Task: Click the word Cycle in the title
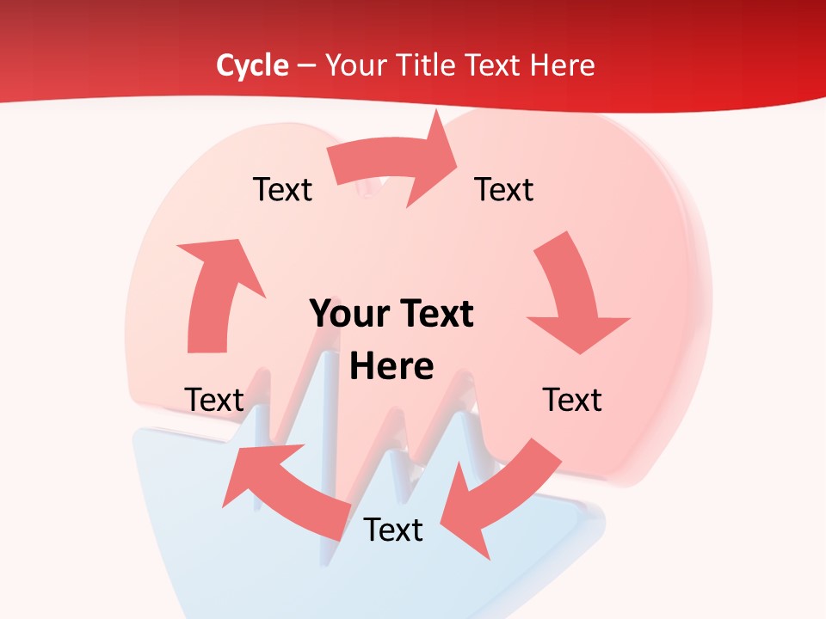click(252, 65)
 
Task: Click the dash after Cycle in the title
click(306, 65)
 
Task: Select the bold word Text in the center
click(433, 314)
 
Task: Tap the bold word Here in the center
click(391, 367)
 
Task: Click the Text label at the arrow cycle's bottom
click(393, 530)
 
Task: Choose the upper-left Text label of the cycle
click(282, 189)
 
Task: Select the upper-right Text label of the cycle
click(504, 189)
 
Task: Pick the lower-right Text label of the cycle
click(572, 400)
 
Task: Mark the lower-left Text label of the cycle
click(214, 400)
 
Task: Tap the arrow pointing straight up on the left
click(215, 292)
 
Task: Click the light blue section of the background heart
click(198, 516)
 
